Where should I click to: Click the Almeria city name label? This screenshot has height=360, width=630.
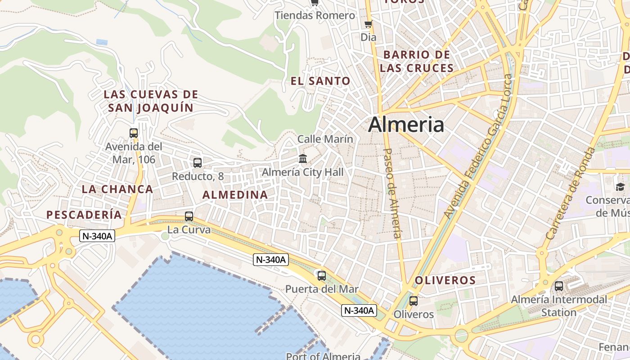tap(406, 125)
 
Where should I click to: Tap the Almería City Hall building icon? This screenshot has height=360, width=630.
tap(303, 159)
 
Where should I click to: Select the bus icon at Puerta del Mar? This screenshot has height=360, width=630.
tap(321, 276)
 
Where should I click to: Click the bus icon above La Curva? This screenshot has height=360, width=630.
tap(189, 216)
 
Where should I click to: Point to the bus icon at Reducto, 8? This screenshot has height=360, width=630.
tap(197, 163)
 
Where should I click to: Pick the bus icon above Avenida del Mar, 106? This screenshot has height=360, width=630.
tap(133, 133)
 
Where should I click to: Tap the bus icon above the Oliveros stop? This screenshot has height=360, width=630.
tap(413, 301)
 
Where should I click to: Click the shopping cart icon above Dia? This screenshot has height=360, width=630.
tap(368, 24)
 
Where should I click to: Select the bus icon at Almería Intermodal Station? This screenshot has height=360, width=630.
tap(558, 286)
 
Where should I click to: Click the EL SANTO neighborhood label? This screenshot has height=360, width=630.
tap(320, 81)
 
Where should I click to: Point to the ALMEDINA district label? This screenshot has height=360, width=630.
tap(235, 195)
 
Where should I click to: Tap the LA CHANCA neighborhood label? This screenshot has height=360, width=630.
tap(117, 189)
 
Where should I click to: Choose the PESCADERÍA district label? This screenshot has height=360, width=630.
tap(84, 215)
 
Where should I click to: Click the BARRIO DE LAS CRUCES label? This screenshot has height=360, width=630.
tap(416, 62)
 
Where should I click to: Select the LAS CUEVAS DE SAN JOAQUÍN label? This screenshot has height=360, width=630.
tap(151, 101)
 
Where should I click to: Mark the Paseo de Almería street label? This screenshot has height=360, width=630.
tap(391, 193)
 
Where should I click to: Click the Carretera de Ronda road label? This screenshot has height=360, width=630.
tap(570, 193)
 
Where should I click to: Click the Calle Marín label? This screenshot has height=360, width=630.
tap(325, 139)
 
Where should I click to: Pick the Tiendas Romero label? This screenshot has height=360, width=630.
tap(315, 16)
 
